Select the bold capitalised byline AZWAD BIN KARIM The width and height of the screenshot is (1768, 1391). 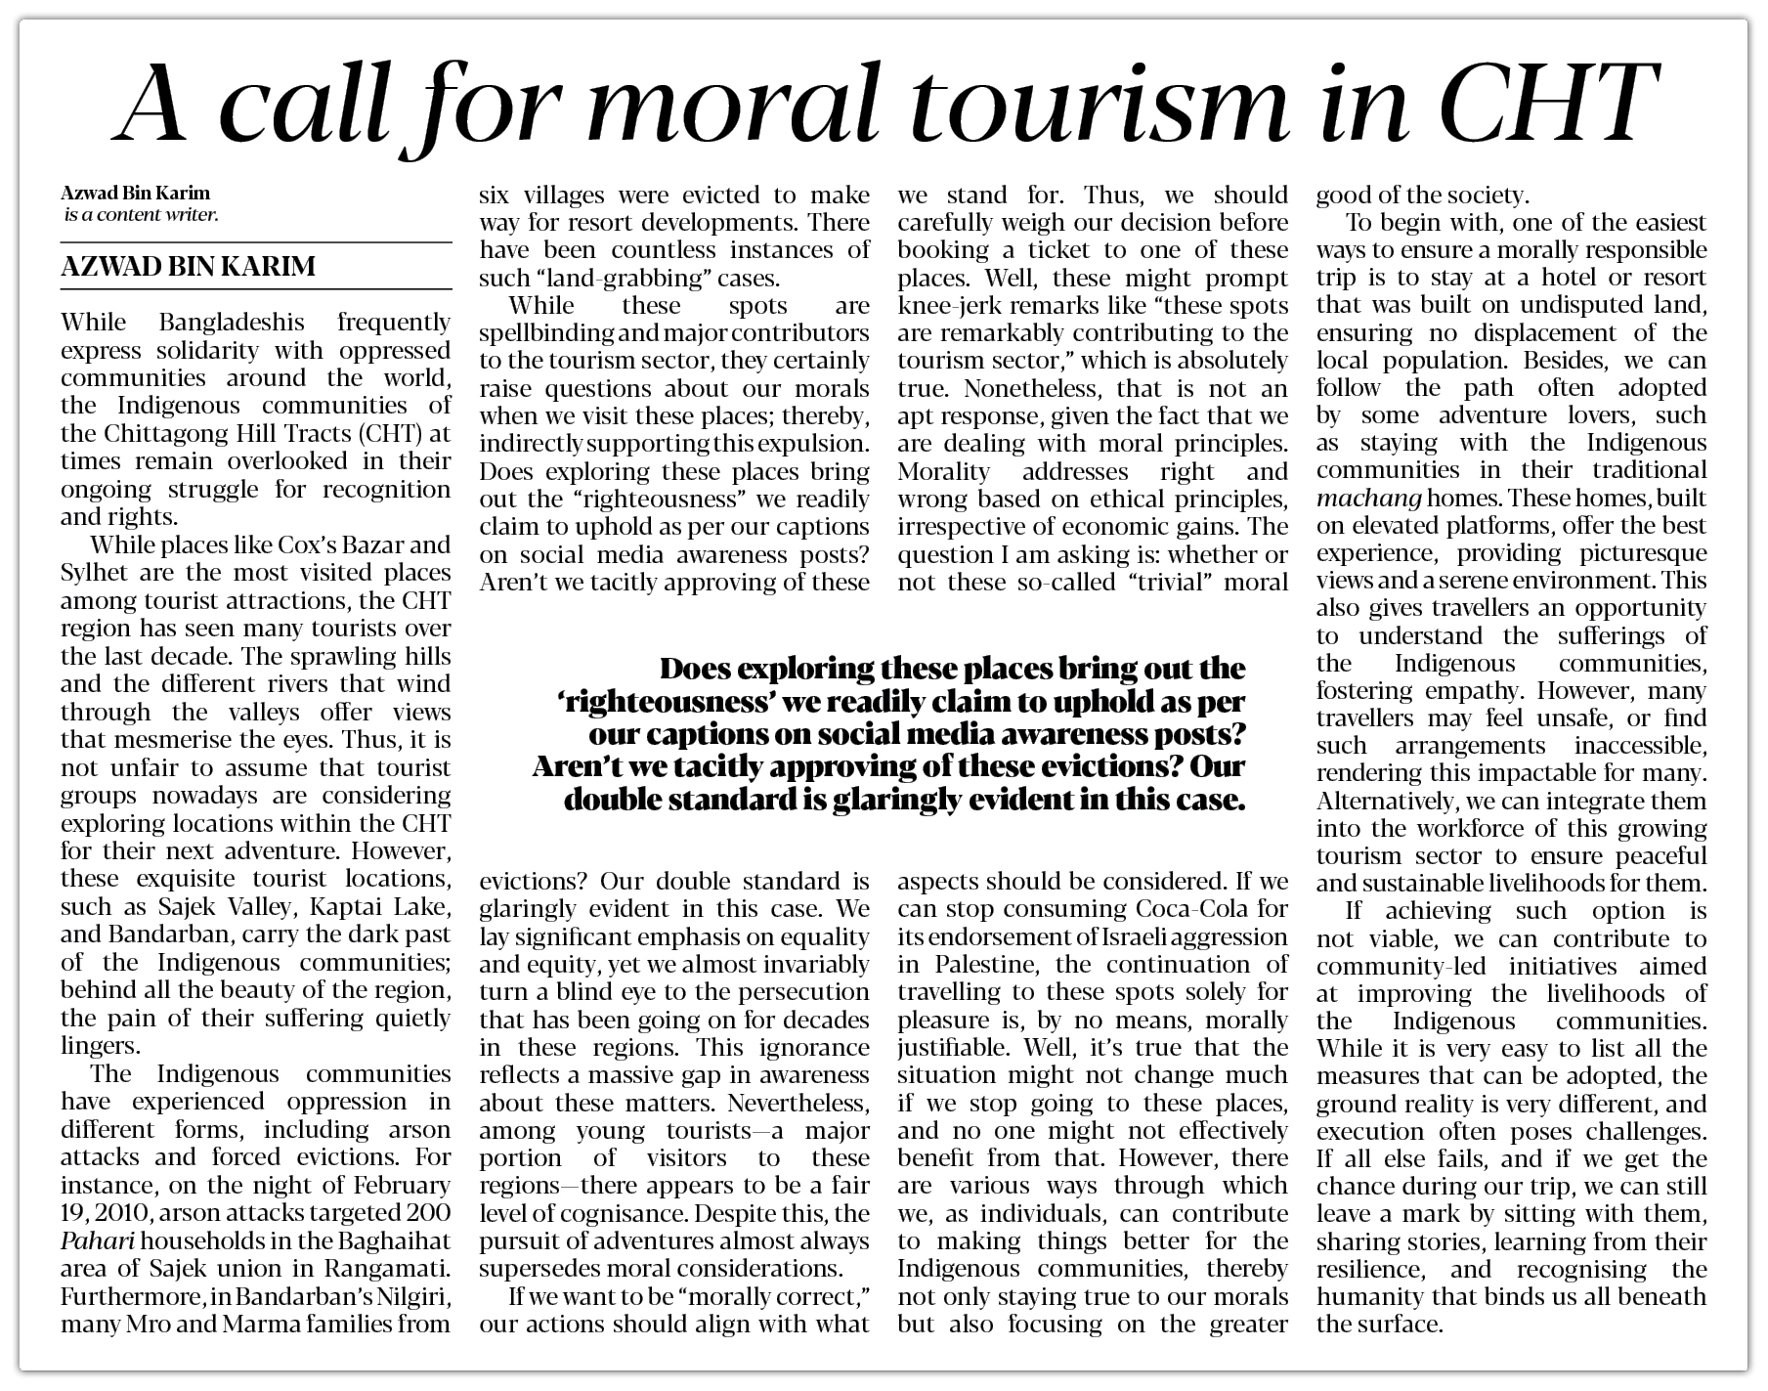coord(188,266)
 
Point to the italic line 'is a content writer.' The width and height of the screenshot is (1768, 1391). coord(141,214)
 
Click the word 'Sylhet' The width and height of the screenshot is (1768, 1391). coord(94,573)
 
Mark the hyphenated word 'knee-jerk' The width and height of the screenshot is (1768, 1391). coord(944,306)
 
